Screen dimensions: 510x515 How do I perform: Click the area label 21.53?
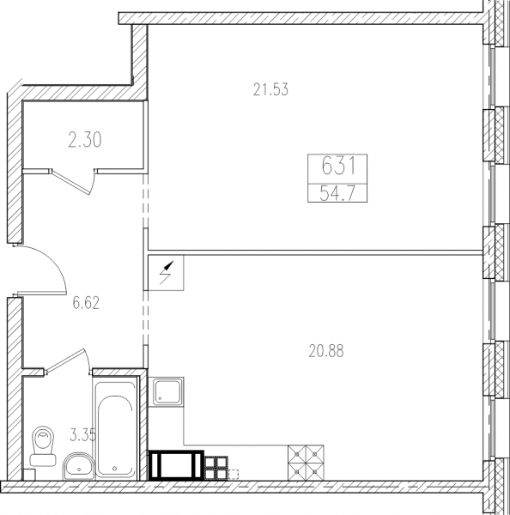coord(270,89)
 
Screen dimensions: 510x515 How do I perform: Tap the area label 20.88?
coord(326,351)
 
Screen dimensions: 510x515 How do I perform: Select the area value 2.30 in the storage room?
coord(85,140)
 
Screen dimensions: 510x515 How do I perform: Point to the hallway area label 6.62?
coord(86,303)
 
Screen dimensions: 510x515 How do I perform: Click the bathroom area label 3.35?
coord(82,435)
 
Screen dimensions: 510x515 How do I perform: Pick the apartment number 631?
coord(338,166)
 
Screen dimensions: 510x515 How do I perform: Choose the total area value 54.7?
coord(337,193)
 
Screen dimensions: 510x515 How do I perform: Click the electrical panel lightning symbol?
coord(167,273)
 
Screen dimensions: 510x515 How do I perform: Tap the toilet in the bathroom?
coord(43,445)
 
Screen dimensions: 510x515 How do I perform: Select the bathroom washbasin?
coord(79,466)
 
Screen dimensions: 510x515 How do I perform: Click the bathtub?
coord(115,427)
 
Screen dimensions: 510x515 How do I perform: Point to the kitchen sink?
coord(166,391)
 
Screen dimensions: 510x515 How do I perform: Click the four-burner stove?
coord(306,463)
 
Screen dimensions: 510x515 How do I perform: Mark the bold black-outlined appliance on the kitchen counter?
coord(176,465)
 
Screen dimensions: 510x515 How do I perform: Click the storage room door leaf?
coord(71,182)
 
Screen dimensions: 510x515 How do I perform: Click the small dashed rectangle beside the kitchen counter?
coord(233,475)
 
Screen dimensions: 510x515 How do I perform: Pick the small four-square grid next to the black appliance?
coord(216,468)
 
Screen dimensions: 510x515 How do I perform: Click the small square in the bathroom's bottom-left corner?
coord(29,475)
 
